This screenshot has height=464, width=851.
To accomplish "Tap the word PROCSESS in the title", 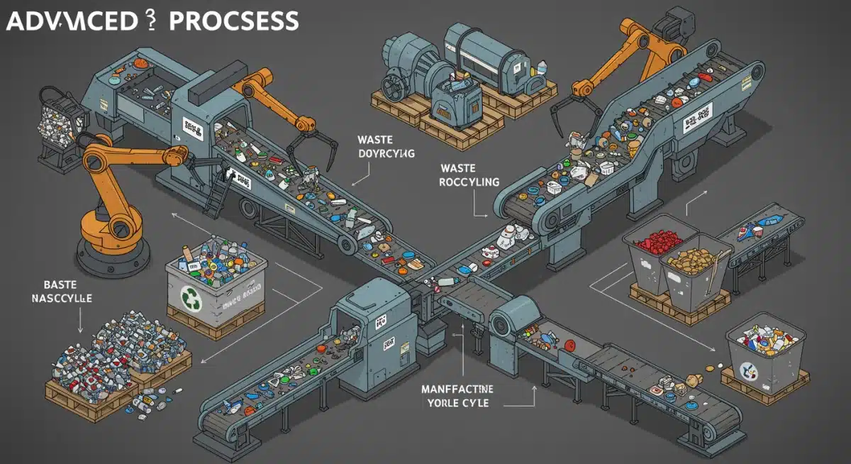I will tap(233, 21).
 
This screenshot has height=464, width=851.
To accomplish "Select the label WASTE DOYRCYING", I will tap(387, 146).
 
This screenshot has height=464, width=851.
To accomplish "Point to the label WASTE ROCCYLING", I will tap(469, 175).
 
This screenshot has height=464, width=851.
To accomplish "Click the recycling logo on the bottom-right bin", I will tap(749, 370).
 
